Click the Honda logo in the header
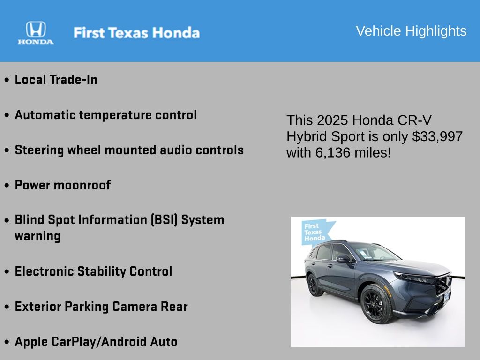tap(36, 33)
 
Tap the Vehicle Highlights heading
tap(411, 31)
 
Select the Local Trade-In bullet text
tap(56, 80)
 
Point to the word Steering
tap(39, 150)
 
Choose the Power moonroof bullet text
tap(63, 185)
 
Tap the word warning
tap(37, 236)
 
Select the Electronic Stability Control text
tap(93, 271)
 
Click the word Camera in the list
tap(135, 307)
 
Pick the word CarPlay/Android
tap(94, 342)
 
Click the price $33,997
tap(437, 136)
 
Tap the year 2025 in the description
tap(332, 120)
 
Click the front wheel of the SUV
tap(376, 304)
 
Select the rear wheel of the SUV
tap(315, 285)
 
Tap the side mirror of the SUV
tap(343, 259)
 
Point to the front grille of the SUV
tap(443, 285)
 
